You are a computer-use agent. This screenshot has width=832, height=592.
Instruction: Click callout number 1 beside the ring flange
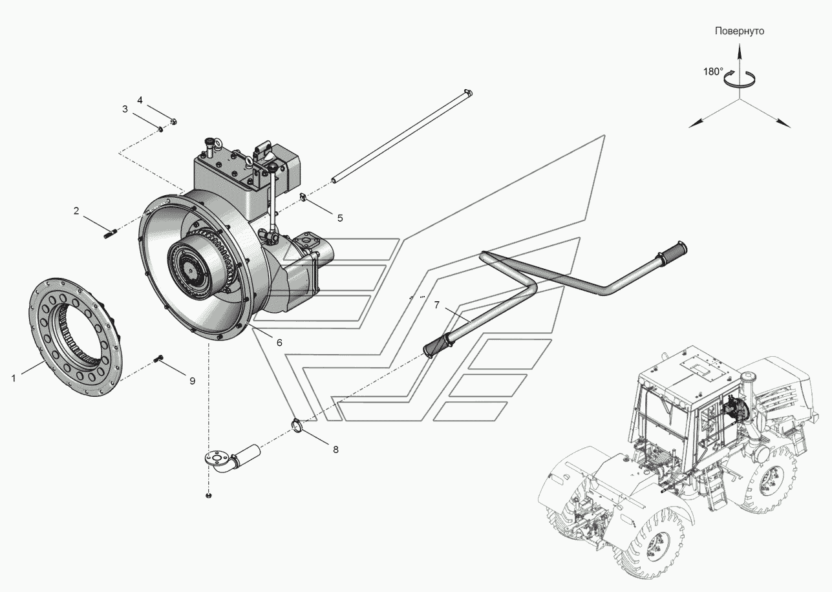tap(14, 379)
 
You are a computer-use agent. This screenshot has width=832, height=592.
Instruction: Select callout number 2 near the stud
tap(76, 211)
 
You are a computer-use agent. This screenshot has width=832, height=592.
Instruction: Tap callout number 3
tap(125, 109)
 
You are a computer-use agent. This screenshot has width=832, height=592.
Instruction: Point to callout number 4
tap(140, 100)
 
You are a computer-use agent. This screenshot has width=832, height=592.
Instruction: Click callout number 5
tap(340, 218)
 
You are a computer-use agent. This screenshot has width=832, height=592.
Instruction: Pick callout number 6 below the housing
tap(279, 343)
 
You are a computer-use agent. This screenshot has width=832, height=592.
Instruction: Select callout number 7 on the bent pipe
tap(437, 305)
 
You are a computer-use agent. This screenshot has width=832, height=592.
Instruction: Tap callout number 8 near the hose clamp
tap(336, 450)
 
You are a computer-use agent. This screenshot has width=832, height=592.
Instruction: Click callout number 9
tap(193, 381)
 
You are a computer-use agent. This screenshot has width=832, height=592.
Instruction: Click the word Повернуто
tap(740, 31)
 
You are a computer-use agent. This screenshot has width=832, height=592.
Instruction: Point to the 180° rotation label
tap(713, 72)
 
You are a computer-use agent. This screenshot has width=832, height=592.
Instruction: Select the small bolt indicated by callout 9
tap(158, 359)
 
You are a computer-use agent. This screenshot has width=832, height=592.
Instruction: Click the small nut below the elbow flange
tap(208, 496)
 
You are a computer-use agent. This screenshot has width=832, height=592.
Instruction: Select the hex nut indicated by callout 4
tap(174, 121)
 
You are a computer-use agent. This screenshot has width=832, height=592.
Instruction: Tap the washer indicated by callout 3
tap(160, 129)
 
